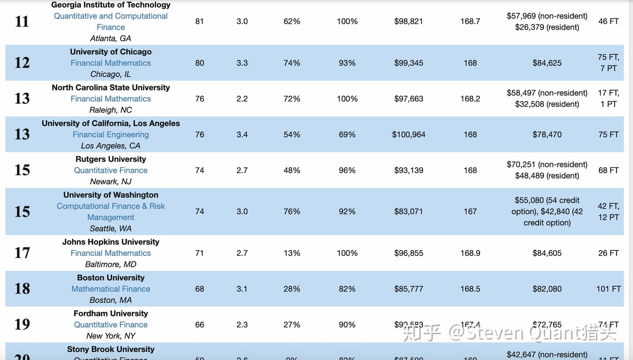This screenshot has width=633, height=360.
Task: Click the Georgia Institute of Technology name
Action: click(x=111, y=5)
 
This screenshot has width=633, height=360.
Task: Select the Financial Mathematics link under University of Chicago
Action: click(x=111, y=63)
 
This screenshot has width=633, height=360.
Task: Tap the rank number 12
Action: click(x=22, y=63)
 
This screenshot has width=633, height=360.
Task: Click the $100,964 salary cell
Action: click(x=408, y=135)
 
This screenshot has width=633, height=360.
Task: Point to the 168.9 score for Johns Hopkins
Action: click(x=470, y=253)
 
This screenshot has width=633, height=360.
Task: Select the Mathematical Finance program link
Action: click(x=111, y=289)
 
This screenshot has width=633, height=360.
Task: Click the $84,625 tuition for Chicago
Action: click(x=547, y=63)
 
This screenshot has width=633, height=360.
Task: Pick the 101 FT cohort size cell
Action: click(x=608, y=289)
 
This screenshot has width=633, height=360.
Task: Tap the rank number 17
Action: click(x=22, y=253)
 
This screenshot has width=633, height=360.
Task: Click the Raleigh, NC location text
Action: click(x=111, y=110)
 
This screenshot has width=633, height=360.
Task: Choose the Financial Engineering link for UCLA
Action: click(x=111, y=135)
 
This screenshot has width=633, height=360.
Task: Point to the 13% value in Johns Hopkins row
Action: click(x=292, y=253)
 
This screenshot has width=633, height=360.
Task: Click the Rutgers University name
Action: click(x=111, y=159)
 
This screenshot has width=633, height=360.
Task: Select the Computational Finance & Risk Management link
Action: click(x=111, y=211)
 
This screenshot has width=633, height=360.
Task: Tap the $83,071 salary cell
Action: click(x=408, y=211)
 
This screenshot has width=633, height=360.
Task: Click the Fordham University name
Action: click(x=111, y=313)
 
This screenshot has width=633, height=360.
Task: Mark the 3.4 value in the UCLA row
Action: click(x=242, y=135)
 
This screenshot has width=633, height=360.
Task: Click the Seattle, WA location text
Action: click(x=111, y=229)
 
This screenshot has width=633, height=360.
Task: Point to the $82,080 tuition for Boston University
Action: click(x=547, y=289)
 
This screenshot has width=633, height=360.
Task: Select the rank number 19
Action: click(x=22, y=324)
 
